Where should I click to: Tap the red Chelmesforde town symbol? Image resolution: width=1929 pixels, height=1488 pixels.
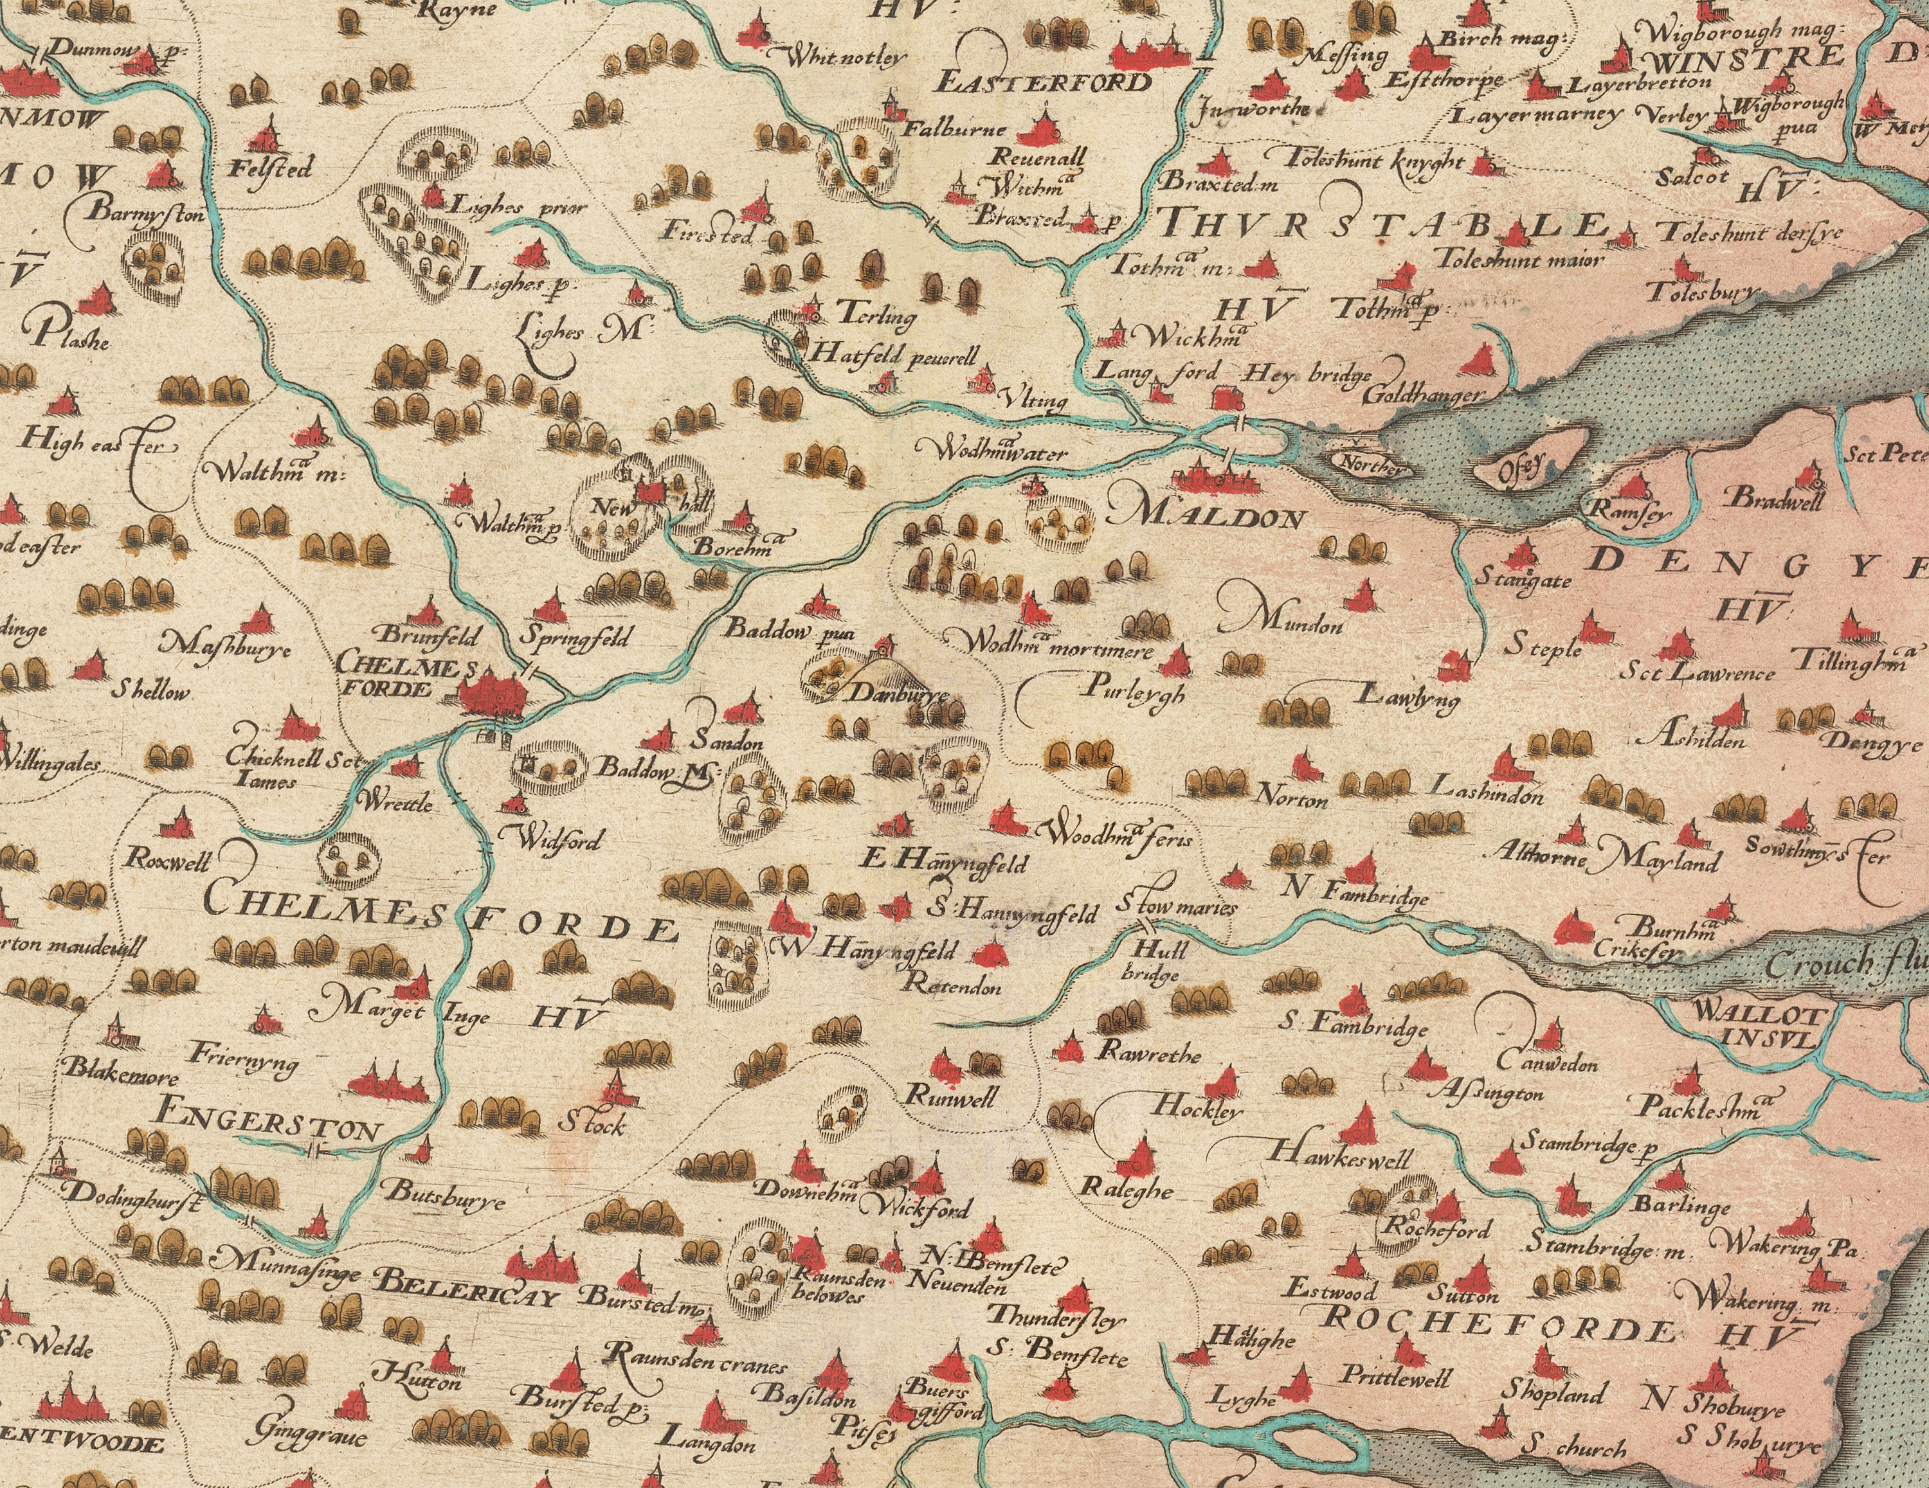point(494,694)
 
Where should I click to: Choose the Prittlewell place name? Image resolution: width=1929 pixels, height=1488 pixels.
point(1395,1376)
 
